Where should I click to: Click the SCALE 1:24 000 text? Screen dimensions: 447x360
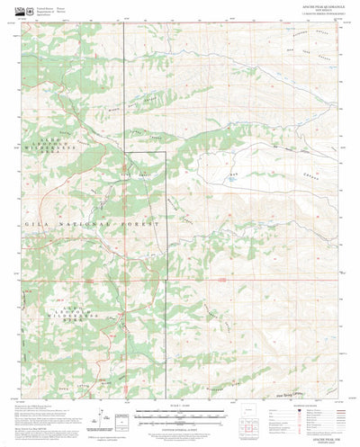[180, 410]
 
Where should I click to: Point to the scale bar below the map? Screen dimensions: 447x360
[180, 416]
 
